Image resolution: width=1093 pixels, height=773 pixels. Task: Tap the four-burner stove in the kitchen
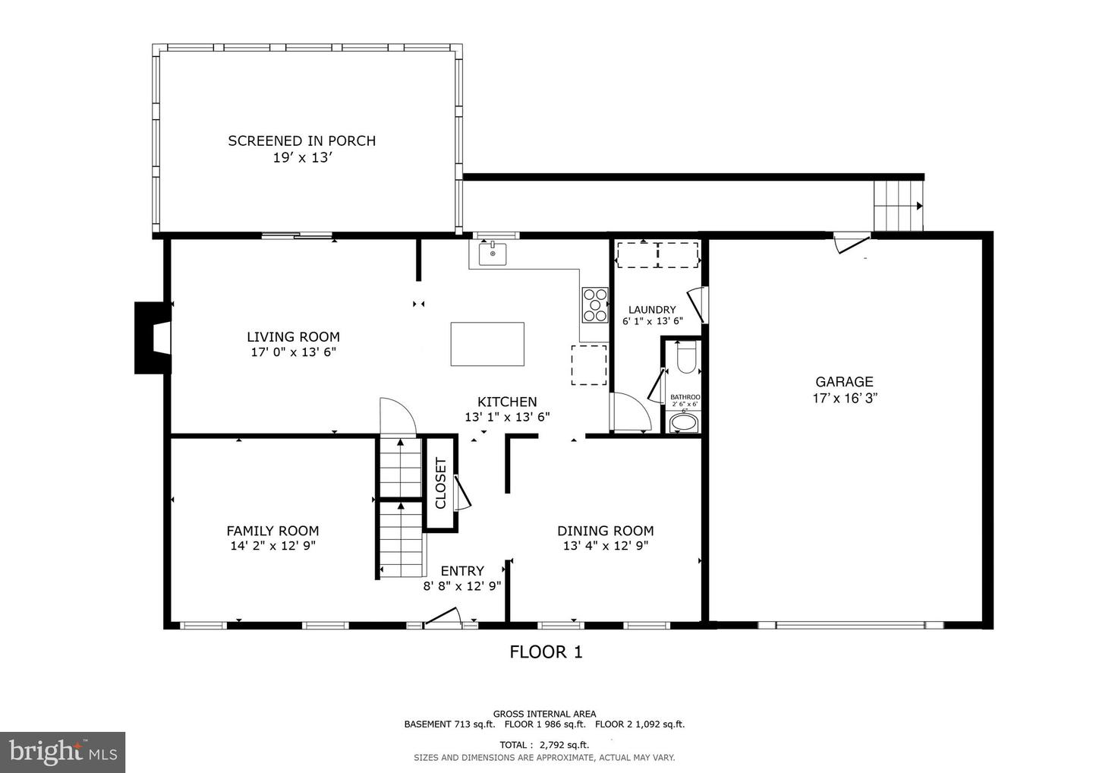tap(595, 304)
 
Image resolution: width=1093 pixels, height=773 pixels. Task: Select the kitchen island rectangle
tap(487, 344)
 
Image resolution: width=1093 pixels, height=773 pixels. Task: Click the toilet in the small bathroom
tap(685, 358)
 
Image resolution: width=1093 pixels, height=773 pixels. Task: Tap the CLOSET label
tap(440, 483)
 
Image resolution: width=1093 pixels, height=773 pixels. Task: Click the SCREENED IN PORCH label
tap(302, 140)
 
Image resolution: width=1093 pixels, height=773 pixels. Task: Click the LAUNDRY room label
tap(652, 310)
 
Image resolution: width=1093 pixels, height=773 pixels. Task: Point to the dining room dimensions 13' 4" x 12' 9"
tap(606, 546)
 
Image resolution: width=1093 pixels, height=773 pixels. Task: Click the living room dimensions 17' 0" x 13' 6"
tap(293, 352)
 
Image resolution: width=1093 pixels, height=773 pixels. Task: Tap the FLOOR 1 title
tap(546, 652)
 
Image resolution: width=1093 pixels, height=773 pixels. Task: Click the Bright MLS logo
tap(62, 752)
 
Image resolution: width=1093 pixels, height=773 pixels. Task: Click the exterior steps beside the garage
tap(898, 206)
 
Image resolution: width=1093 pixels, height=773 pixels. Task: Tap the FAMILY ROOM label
tap(272, 531)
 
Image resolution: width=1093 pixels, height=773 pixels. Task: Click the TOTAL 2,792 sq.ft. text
tap(544, 745)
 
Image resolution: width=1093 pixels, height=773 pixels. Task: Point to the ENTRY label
tap(462, 571)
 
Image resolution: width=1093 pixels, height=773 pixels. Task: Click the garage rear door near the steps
tap(851, 243)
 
